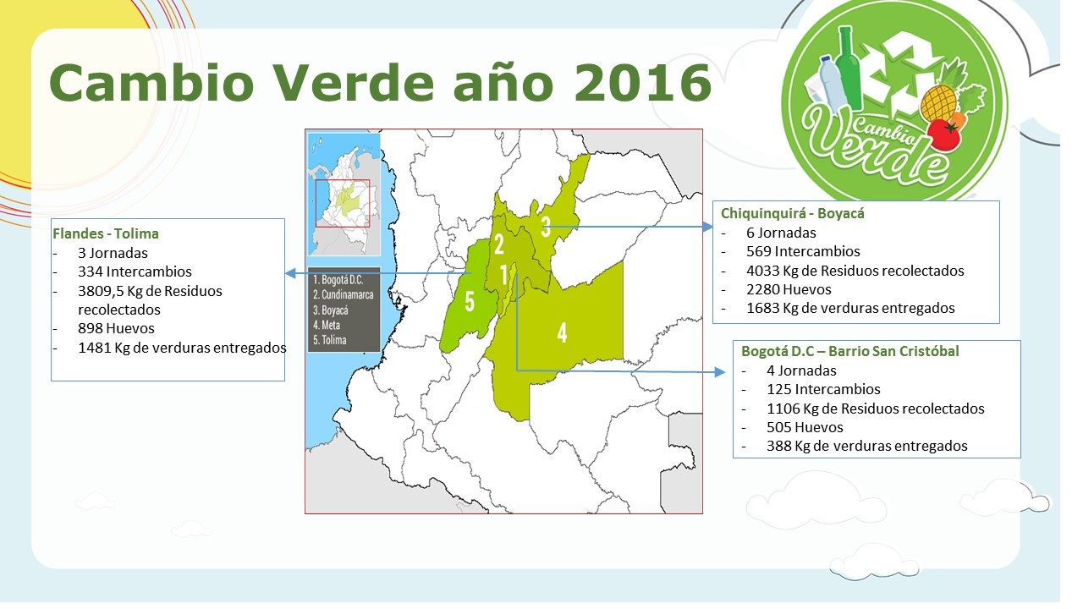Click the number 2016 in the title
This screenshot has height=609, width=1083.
[x=643, y=83]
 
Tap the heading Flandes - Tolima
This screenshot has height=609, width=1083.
[x=106, y=234]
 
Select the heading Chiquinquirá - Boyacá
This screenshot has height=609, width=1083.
[x=793, y=213]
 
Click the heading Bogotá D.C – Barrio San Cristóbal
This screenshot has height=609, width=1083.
[x=850, y=351]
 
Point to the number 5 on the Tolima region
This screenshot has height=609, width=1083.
[x=470, y=302]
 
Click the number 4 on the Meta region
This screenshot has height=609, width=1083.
[x=562, y=332]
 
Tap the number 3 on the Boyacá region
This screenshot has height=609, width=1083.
[x=546, y=227]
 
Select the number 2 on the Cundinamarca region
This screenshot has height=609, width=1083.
[x=499, y=244]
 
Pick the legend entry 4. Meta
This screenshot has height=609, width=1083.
[x=327, y=326]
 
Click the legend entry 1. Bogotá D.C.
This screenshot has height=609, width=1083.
[x=338, y=280]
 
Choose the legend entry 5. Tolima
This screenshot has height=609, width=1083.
[x=330, y=340]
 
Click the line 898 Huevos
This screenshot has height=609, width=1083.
[x=116, y=329]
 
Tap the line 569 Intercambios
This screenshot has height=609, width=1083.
[x=803, y=252]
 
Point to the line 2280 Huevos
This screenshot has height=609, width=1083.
[x=789, y=289]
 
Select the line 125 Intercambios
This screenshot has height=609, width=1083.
[x=823, y=390]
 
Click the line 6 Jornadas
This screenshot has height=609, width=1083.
[x=781, y=233]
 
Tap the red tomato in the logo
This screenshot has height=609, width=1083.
[x=943, y=134]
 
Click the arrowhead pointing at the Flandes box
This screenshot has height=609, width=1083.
[x=290, y=273]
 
